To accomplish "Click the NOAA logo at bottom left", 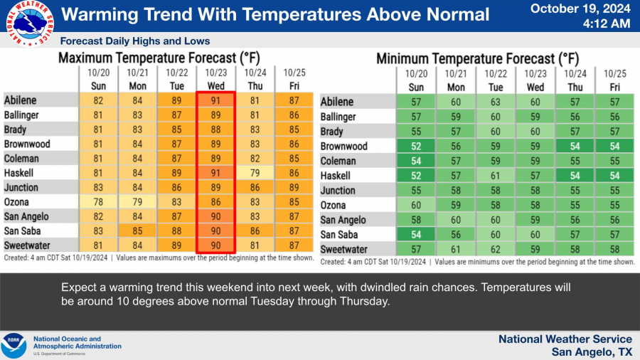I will (14, 345).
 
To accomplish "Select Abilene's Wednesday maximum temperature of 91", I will (215, 100).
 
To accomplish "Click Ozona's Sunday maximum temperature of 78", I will (98, 201).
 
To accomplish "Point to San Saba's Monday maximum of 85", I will (137, 231).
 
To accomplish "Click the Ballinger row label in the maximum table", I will (21, 115).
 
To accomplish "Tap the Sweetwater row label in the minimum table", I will (344, 250).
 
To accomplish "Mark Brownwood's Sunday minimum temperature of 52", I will (417, 146).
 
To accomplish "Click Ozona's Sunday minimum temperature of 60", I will (417, 205).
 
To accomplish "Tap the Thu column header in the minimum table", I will (575, 87).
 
